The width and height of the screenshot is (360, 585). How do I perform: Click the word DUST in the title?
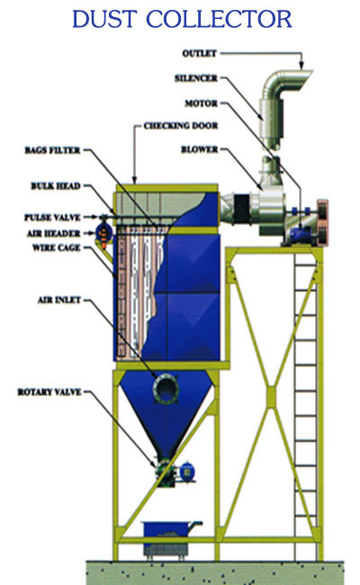point(104,19)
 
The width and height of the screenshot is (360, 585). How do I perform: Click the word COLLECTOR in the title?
point(219,19)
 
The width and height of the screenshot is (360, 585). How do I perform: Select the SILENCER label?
point(196,78)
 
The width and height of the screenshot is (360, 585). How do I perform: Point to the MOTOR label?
point(202,103)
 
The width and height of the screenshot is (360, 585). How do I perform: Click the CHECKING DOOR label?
point(181,126)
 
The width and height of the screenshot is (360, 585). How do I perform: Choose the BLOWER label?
point(200,149)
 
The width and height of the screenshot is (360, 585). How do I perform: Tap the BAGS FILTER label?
point(52,150)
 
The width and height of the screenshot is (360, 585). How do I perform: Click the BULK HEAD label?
point(56,185)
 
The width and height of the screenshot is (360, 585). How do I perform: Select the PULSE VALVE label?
point(52,217)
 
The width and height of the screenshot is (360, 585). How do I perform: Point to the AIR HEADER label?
point(54,234)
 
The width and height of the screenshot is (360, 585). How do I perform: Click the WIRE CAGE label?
point(57,247)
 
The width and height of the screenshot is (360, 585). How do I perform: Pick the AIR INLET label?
point(59,300)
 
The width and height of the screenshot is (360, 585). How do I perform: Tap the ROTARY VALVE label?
point(49,392)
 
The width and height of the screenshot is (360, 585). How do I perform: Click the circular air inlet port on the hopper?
point(166,389)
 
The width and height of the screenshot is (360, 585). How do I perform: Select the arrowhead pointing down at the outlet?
point(301,66)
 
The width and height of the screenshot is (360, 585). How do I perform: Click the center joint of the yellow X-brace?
point(271,397)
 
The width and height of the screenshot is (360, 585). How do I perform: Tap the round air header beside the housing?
point(104,232)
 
